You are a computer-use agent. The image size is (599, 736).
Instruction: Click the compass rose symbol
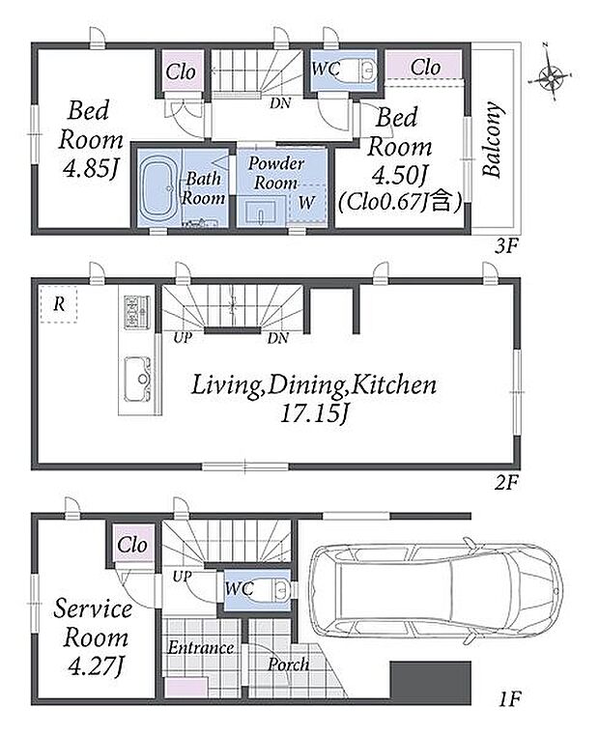pyautogui.click(x=550, y=76)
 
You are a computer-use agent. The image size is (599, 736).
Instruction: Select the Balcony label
pyautogui.click(x=493, y=139)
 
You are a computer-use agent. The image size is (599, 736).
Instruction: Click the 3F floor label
pyautogui.click(x=507, y=246)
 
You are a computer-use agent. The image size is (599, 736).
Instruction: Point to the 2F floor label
pyautogui.click(x=506, y=482)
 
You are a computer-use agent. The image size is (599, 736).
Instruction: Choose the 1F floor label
pyautogui.click(x=509, y=700)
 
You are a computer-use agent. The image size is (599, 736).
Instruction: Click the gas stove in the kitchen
pyautogui.click(x=136, y=312)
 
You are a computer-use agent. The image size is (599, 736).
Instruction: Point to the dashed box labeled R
pyautogui.click(x=59, y=304)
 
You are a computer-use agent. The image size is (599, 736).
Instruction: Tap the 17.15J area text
pyautogui.click(x=315, y=413)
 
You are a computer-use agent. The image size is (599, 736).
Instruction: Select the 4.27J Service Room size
pyautogui.click(x=96, y=666)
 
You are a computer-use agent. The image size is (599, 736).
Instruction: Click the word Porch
pyautogui.click(x=288, y=665)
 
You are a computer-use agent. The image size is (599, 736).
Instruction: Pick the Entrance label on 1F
pyautogui.click(x=201, y=648)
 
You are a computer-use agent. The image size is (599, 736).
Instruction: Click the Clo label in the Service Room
pyautogui.click(x=133, y=545)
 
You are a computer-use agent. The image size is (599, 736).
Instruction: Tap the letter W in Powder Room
pyautogui.click(x=306, y=203)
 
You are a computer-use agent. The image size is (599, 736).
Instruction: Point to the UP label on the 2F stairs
pyautogui.click(x=183, y=337)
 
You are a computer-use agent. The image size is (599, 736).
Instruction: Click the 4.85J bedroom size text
pyautogui.click(x=91, y=169)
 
